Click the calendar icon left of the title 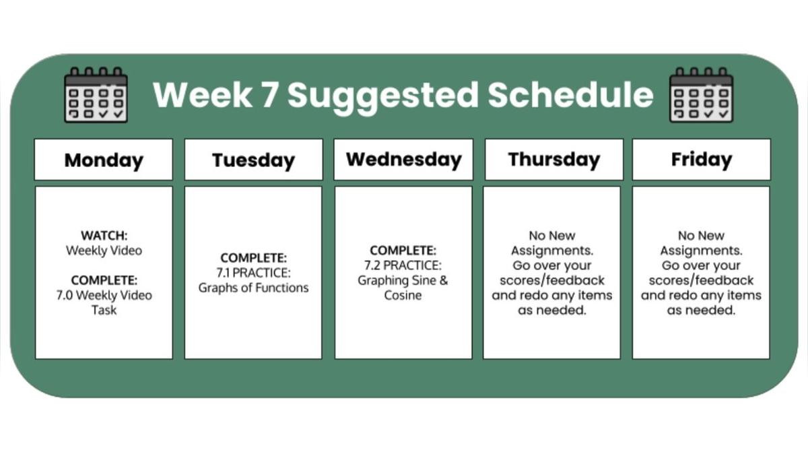coord(96,95)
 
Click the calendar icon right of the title coord(701,95)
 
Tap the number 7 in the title coord(270,95)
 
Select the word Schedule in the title coord(571,94)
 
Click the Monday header coord(104,160)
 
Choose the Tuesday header coord(254,160)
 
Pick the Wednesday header coord(403,159)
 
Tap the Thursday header coord(554,160)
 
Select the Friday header coord(702,159)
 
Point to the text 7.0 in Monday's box coord(65,295)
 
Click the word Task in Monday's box coord(104,310)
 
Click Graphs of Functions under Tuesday coord(253,288)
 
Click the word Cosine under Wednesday coord(403,295)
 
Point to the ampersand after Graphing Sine coord(444,280)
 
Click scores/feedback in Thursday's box coord(552,280)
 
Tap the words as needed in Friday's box coord(701,310)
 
